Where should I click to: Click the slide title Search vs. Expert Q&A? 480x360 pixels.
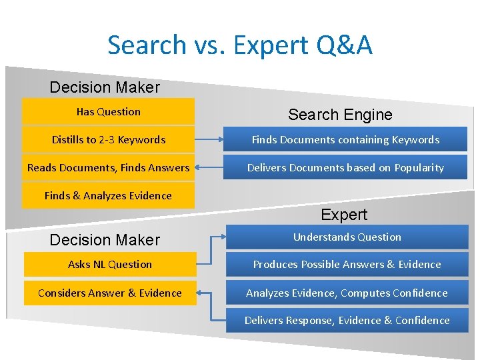click(x=240, y=45)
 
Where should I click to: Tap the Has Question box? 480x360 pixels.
click(x=109, y=112)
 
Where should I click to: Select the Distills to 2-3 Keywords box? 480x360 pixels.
click(x=109, y=140)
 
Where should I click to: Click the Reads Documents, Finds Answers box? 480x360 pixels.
click(x=109, y=168)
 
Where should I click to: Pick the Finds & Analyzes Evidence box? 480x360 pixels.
click(x=109, y=196)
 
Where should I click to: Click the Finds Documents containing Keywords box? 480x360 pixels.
click(x=345, y=140)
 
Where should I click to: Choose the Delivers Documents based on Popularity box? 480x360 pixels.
click(x=345, y=168)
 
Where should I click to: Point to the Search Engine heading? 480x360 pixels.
click(x=340, y=115)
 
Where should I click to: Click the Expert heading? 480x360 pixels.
click(x=344, y=215)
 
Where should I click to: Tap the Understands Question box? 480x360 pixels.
click(x=347, y=237)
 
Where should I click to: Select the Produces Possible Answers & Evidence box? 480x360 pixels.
click(x=347, y=265)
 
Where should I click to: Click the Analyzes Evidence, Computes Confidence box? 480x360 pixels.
click(x=347, y=293)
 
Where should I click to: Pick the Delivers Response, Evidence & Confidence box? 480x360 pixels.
click(x=347, y=321)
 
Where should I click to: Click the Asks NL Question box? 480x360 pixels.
click(x=110, y=265)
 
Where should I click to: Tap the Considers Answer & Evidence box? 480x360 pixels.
click(x=110, y=293)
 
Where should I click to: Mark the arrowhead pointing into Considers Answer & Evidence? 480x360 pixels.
click(x=201, y=293)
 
